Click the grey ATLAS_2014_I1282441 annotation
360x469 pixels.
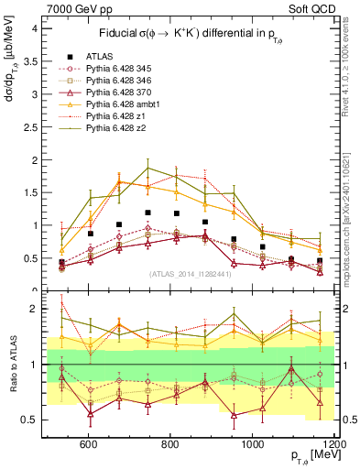191,274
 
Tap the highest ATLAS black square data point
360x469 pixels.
147,213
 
